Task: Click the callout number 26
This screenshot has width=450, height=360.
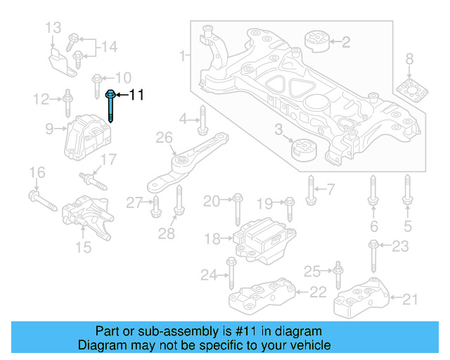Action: (x=164, y=138)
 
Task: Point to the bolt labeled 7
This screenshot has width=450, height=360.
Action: (x=310, y=188)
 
